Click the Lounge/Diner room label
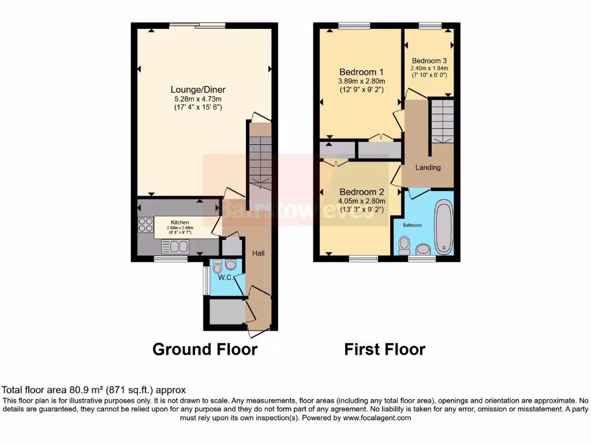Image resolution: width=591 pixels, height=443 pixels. pyautogui.click(x=197, y=89)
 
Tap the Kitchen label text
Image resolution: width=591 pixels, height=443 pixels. pyautogui.click(x=179, y=222)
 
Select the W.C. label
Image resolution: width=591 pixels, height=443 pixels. pyautogui.click(x=226, y=278)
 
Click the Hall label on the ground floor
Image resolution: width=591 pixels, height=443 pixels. pyautogui.click(x=258, y=253)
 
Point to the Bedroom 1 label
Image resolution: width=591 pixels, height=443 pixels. pyautogui.click(x=361, y=72)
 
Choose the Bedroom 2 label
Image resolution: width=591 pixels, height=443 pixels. pyautogui.click(x=361, y=192)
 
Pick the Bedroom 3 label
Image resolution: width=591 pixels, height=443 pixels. pyautogui.click(x=429, y=61)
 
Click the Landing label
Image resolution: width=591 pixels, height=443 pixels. pyautogui.click(x=428, y=167)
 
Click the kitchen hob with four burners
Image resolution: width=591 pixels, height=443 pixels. pyautogui.click(x=145, y=225)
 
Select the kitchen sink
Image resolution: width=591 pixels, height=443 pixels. pyautogui.click(x=174, y=247)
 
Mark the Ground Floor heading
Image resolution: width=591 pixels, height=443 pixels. pyautogui.click(x=204, y=349)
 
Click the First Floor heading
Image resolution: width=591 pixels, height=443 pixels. pyautogui.click(x=384, y=349)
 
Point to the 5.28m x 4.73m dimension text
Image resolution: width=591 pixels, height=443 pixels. pyautogui.click(x=197, y=99)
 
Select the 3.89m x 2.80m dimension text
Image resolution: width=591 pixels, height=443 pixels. pyautogui.click(x=361, y=81)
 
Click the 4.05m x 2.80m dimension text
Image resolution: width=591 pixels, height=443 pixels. pyautogui.click(x=361, y=201)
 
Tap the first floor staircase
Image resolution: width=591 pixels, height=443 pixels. pyautogui.click(x=442, y=121)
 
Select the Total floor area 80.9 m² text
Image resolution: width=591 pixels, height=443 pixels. pyautogui.click(x=94, y=390)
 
